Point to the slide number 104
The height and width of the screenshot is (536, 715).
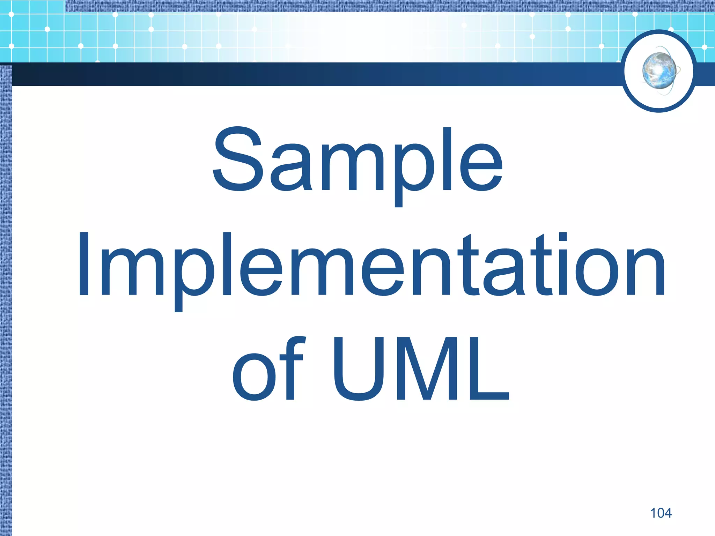[661, 513]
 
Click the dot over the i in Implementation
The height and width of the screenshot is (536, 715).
[562, 237]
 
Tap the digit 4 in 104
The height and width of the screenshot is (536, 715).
[667, 513]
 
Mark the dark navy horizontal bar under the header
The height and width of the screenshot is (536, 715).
[314, 74]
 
